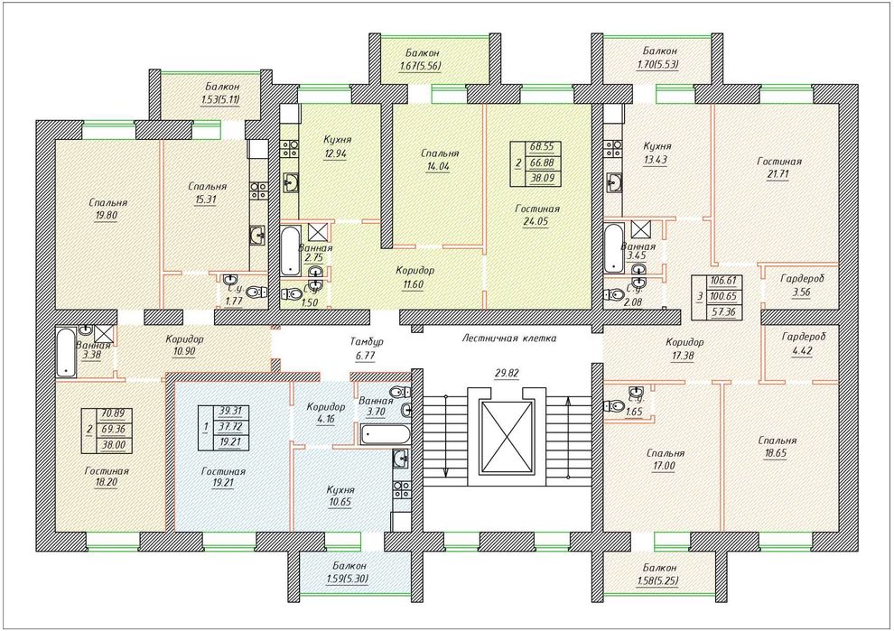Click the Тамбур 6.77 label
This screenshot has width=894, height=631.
click(366, 348)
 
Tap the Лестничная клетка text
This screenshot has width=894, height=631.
click(508, 338)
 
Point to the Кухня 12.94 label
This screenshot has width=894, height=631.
click(337, 146)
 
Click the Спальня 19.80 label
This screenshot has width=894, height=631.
click(107, 209)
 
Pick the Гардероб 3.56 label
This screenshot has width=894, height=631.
click(802, 286)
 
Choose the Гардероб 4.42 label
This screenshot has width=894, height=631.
click(804, 344)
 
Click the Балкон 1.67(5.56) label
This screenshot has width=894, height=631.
click(420, 59)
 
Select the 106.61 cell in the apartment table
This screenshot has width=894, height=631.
click(723, 281)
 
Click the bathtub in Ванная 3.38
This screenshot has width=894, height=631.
click(67, 352)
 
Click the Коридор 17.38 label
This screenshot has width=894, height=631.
click(684, 348)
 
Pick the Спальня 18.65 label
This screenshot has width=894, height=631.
click(778, 448)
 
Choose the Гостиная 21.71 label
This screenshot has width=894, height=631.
click(778, 168)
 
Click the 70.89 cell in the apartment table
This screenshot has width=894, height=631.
click(114, 413)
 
